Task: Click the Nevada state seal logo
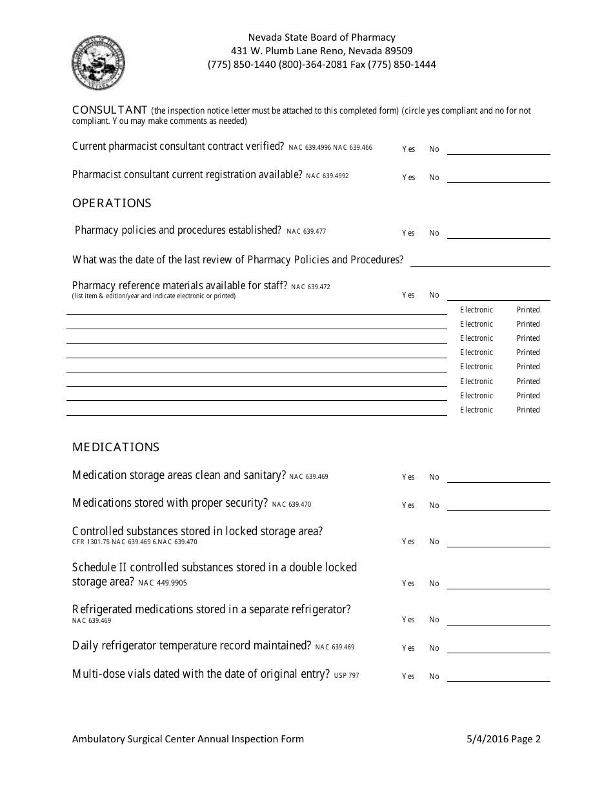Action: (98, 63)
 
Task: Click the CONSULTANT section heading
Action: (110, 110)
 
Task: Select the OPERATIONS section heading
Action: (112, 203)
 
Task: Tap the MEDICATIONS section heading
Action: (116, 447)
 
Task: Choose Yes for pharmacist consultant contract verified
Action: (408, 149)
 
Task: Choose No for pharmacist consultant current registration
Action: (434, 178)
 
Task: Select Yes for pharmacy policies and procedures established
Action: (408, 233)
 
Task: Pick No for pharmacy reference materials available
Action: (434, 295)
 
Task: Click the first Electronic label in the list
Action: (476, 310)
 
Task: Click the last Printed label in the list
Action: (528, 410)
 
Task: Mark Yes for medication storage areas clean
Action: (408, 477)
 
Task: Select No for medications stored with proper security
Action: (434, 505)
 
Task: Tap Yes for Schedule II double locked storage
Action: (408, 584)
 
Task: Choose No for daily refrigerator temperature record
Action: (434, 648)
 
